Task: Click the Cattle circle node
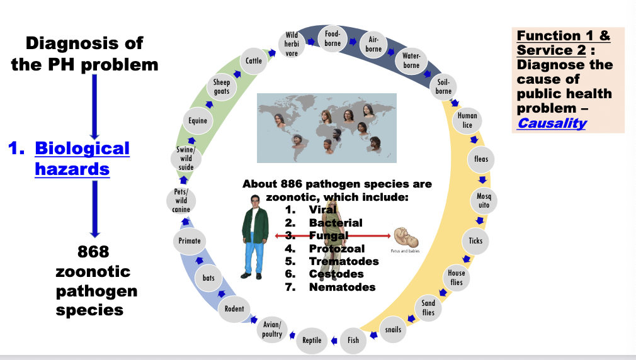point(254,61)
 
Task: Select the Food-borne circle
point(332,39)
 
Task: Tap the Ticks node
point(475,240)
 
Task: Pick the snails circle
point(392,330)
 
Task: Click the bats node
point(208,278)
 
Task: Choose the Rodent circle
point(234,308)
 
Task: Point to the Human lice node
point(467,120)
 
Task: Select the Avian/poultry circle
point(272,329)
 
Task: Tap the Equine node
point(198,120)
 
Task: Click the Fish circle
point(353,340)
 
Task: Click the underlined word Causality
point(552,123)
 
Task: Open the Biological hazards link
point(72,158)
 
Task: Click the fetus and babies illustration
point(406,237)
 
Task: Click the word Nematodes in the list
point(342,287)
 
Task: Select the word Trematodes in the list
point(344,261)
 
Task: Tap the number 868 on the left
point(93,252)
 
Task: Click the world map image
point(327,128)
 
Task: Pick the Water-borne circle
point(411,61)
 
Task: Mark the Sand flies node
point(428,308)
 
